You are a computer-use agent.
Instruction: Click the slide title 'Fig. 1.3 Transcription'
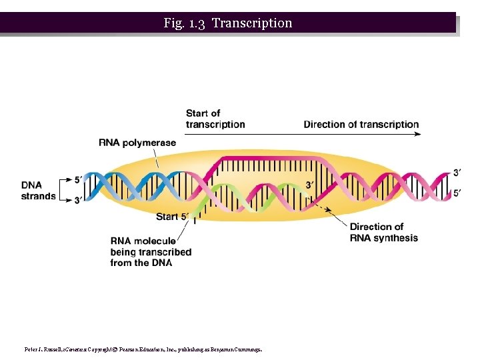pyautogui.click(x=227, y=23)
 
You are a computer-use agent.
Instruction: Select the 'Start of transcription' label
pyautogui.click(x=215, y=119)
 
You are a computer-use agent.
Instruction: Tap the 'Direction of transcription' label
pyautogui.click(x=361, y=124)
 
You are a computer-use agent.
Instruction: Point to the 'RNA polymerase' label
pyautogui.click(x=137, y=142)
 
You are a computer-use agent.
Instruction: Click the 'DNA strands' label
pyautogui.click(x=38, y=191)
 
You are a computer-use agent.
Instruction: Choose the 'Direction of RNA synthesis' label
pyautogui.click(x=383, y=233)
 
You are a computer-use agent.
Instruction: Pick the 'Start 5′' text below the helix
pyautogui.click(x=172, y=217)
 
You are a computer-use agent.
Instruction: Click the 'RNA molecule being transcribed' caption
pyautogui.click(x=151, y=252)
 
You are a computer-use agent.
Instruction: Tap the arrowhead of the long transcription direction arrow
pyautogui.click(x=419, y=134)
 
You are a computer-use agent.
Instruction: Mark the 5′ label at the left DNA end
pyautogui.click(x=78, y=179)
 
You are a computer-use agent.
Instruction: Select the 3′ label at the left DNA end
pyautogui.click(x=78, y=200)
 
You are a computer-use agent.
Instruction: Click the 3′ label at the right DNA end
pyautogui.click(x=457, y=173)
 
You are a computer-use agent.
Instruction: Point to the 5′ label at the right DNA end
pyautogui.click(x=457, y=193)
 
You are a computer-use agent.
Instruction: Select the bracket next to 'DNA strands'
pyautogui.click(x=65, y=190)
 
